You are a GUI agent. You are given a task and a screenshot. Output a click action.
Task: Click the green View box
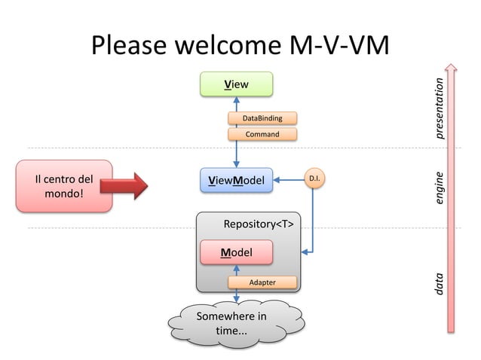(x=236, y=84)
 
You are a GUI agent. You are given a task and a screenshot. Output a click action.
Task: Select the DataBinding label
(x=262, y=118)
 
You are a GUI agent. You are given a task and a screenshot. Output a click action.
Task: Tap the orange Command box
(x=262, y=134)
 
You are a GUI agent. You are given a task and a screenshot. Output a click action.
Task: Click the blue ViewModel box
(x=236, y=180)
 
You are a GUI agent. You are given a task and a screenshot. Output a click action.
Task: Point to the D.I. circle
(x=315, y=179)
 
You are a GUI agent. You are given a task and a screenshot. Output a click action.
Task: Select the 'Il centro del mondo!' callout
(x=64, y=186)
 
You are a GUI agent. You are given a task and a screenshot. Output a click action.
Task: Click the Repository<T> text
(x=258, y=224)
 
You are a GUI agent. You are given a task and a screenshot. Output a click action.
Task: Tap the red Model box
(x=236, y=252)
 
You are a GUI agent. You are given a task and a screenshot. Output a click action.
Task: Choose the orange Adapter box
(x=262, y=282)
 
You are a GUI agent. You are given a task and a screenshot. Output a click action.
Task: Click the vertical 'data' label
(x=440, y=282)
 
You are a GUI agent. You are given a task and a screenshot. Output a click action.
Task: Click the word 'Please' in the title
(x=129, y=46)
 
